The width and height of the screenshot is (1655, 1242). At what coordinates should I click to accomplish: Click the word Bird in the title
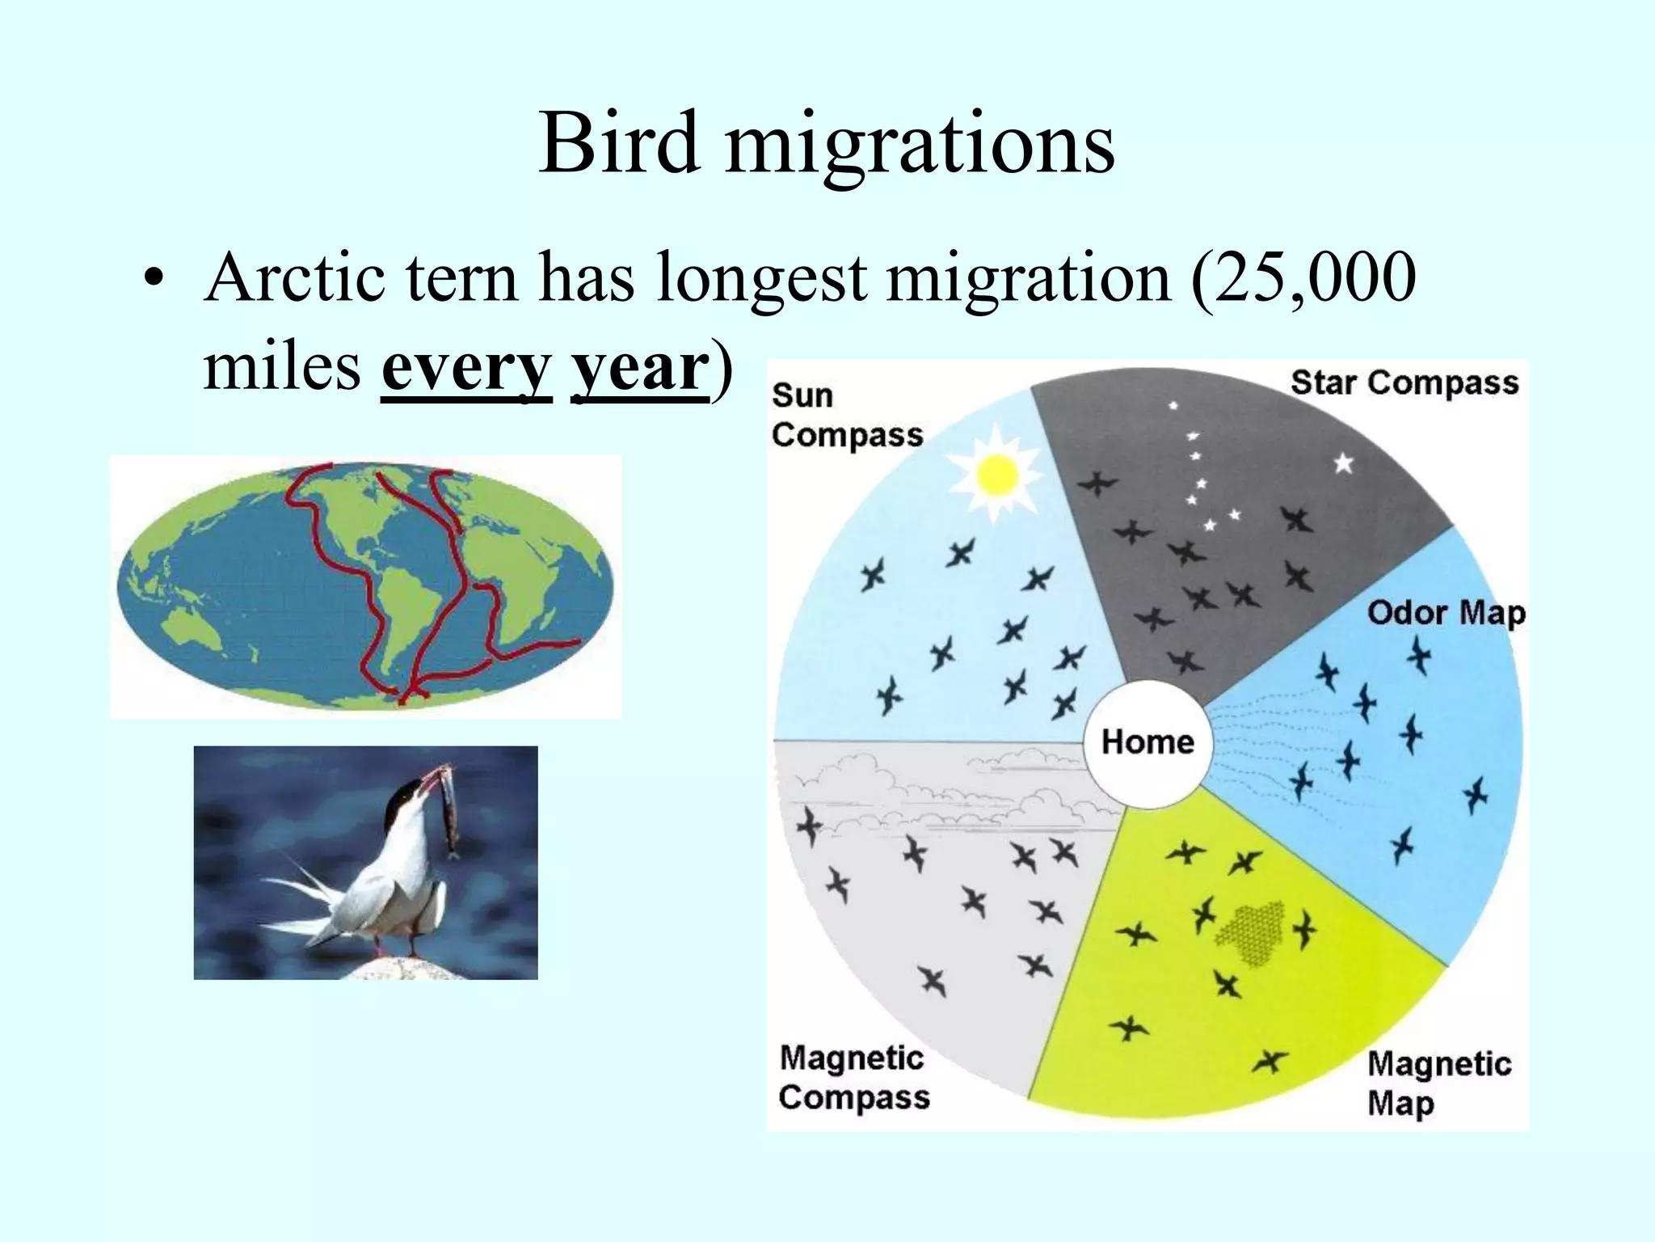(620, 144)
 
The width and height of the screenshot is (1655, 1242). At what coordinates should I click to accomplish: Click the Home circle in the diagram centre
(1148, 742)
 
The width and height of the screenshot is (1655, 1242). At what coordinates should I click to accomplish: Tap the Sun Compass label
(845, 415)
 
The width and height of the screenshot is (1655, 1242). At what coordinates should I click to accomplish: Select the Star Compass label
(1404, 382)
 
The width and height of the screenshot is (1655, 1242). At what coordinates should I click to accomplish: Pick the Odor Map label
(1446, 612)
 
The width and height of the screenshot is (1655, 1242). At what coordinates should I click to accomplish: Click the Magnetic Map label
(1438, 1083)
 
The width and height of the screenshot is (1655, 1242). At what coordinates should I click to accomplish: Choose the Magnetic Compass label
(854, 1078)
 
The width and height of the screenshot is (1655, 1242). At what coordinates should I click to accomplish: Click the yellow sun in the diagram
(996, 476)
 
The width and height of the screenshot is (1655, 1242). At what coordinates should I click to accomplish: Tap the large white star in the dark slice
(1343, 463)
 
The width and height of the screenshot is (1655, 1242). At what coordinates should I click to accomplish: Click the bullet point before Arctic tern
(152, 279)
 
